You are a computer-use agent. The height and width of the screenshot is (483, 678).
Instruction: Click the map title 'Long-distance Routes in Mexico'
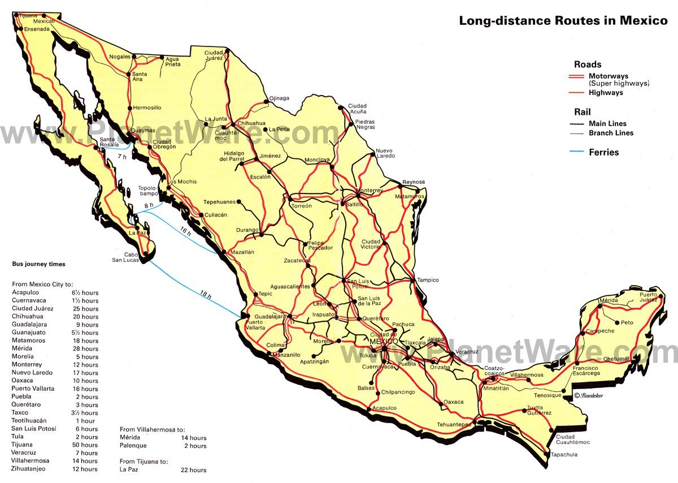[x=563, y=21]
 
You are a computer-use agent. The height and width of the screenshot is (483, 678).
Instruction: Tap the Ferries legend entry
[x=603, y=152]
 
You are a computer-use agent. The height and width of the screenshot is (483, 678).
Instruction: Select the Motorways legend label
[x=608, y=76]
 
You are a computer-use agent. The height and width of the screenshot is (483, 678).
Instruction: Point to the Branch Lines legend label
[x=611, y=133]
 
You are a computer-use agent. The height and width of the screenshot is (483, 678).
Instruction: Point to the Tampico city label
[x=428, y=280]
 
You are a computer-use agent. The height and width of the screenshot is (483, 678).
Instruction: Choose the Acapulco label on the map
[x=384, y=408]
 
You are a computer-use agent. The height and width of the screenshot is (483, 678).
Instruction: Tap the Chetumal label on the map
[x=616, y=359]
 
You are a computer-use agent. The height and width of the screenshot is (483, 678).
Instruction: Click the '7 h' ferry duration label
[x=122, y=156]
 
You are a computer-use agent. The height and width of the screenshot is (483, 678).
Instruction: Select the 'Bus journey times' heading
[x=38, y=264]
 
